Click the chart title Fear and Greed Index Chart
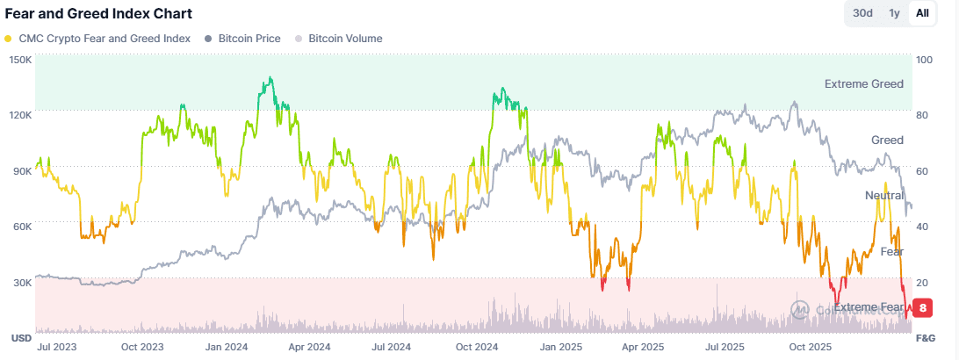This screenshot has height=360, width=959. tap(98, 14)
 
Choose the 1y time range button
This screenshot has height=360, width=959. tap(894, 13)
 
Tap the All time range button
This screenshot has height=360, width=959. tap(922, 13)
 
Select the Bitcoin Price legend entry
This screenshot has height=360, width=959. tap(248, 39)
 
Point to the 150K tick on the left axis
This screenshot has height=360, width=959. tap(20, 60)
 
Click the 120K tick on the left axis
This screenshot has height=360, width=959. tap(20, 115)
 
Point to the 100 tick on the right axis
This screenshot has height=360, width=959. tap(924, 60)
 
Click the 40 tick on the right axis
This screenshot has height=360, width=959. tap(921, 227)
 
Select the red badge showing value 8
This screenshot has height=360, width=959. tap(923, 307)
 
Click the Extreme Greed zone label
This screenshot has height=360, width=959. tap(863, 84)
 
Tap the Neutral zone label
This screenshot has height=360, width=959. tap(883, 195)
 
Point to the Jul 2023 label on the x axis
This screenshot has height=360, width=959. tap(55, 347)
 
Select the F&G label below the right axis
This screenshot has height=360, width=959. tap(926, 338)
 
